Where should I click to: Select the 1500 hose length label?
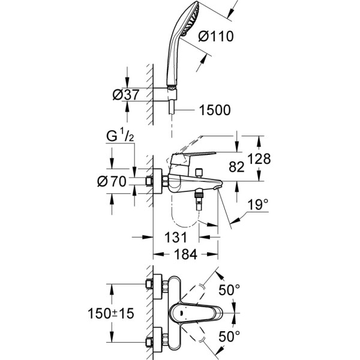pos(214,110)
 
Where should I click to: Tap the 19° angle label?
pos(257,206)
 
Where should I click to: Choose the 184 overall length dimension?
pos(185,254)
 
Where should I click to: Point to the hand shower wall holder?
pos(173,92)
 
